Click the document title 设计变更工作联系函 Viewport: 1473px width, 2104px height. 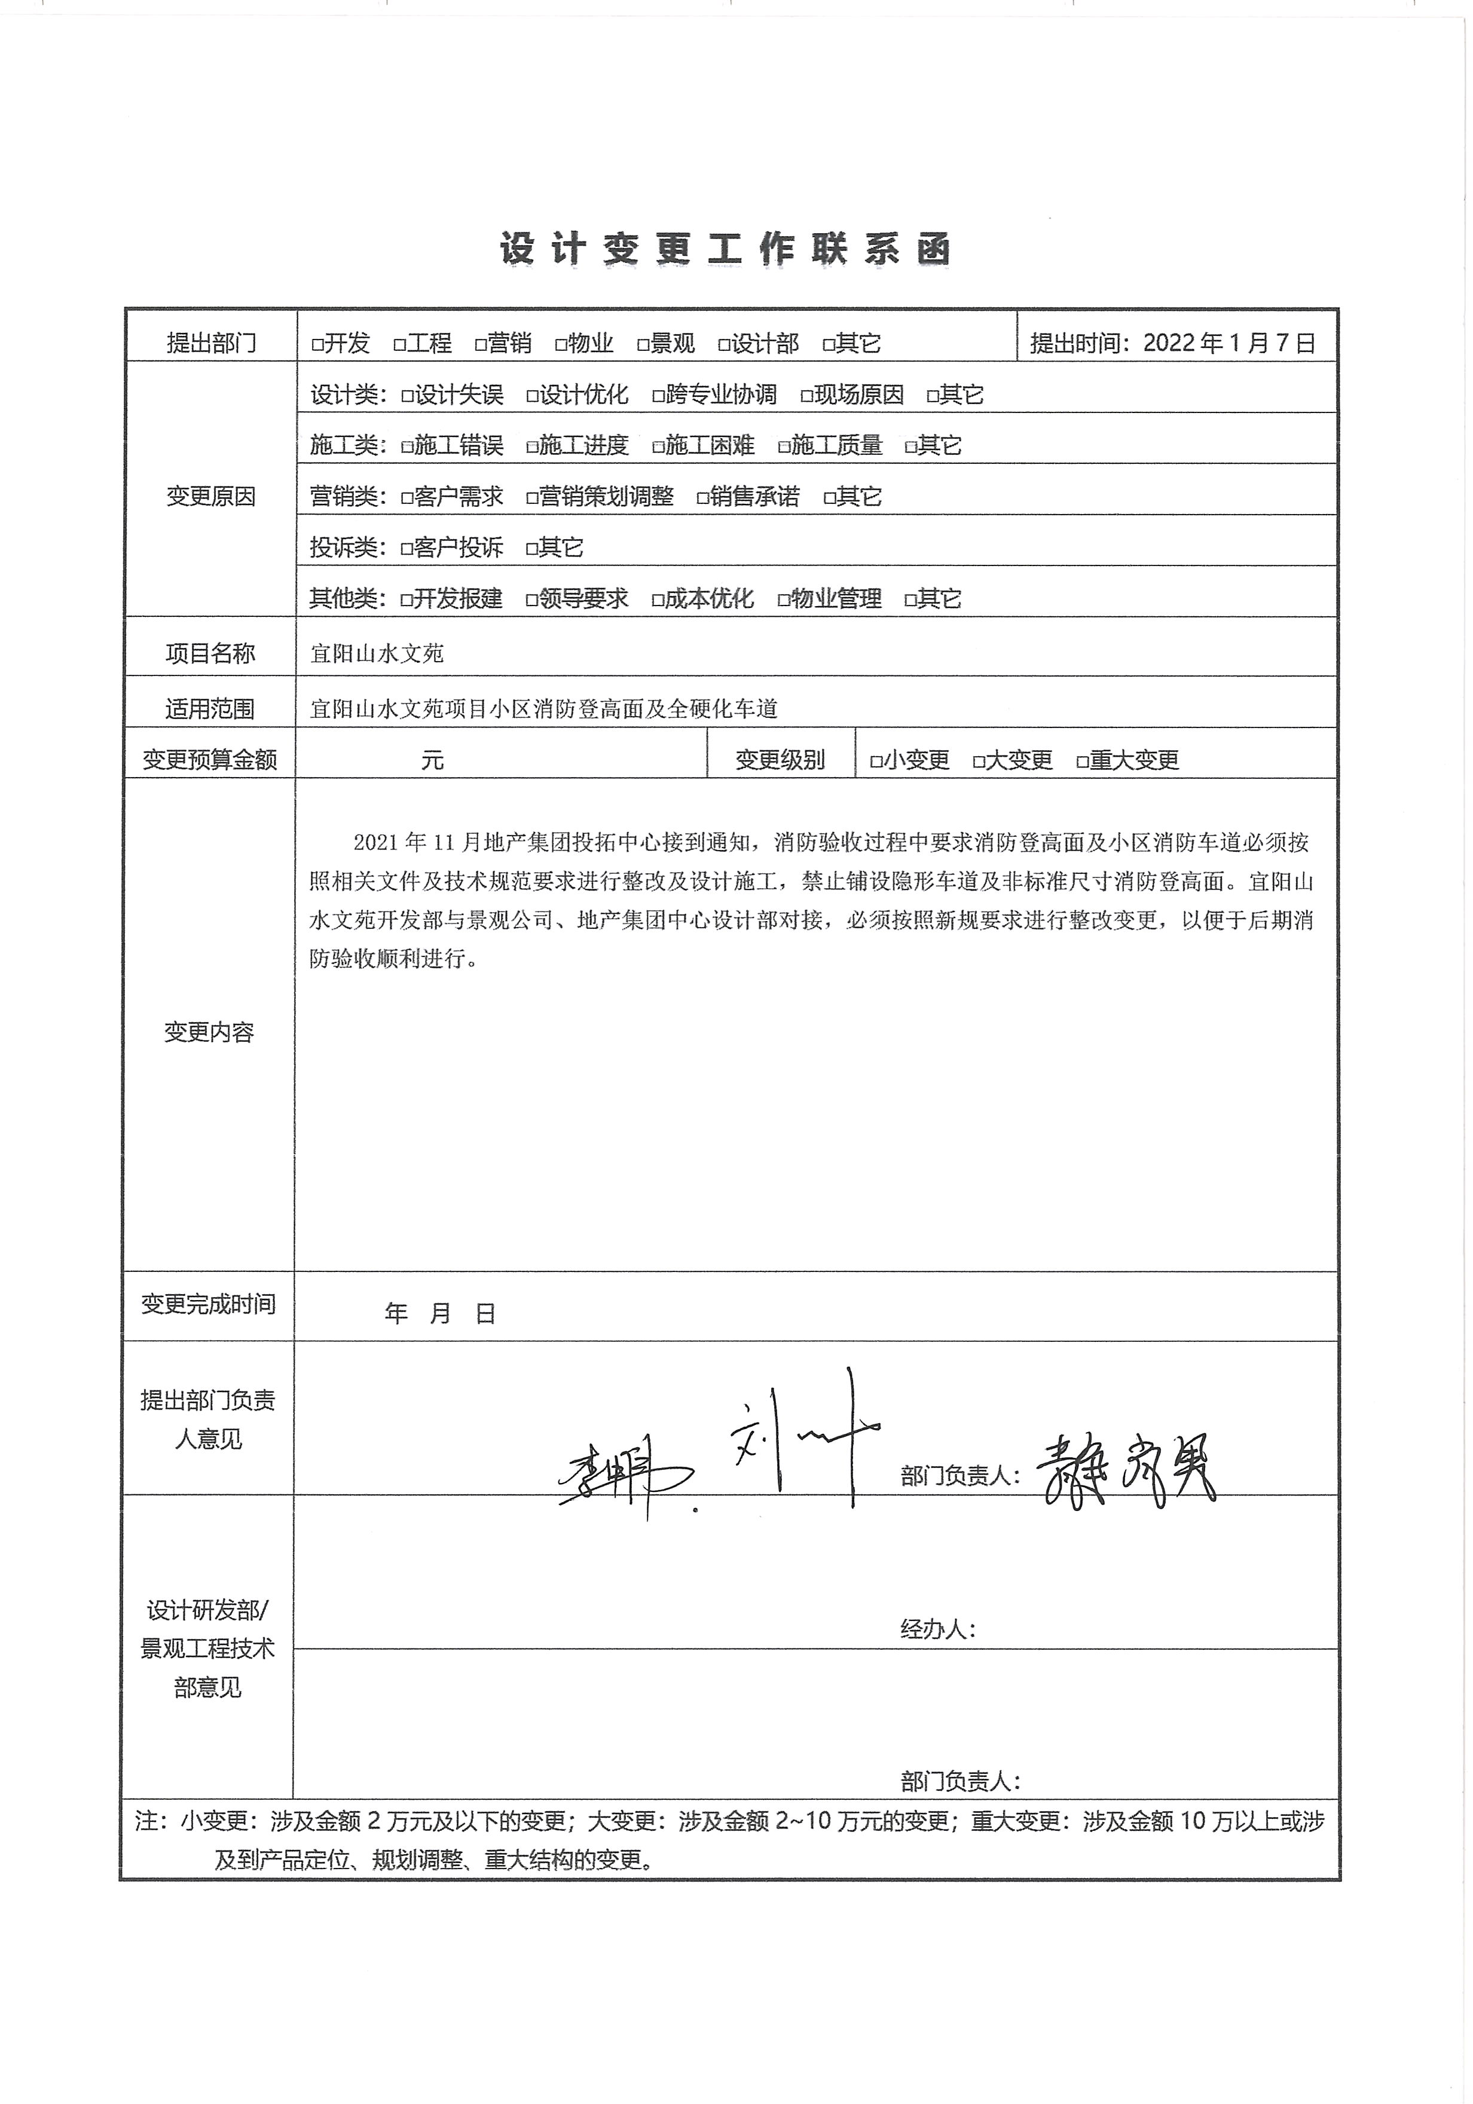coord(725,248)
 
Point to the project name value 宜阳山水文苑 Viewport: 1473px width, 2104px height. coord(377,653)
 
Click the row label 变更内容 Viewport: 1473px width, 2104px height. coord(209,1032)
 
